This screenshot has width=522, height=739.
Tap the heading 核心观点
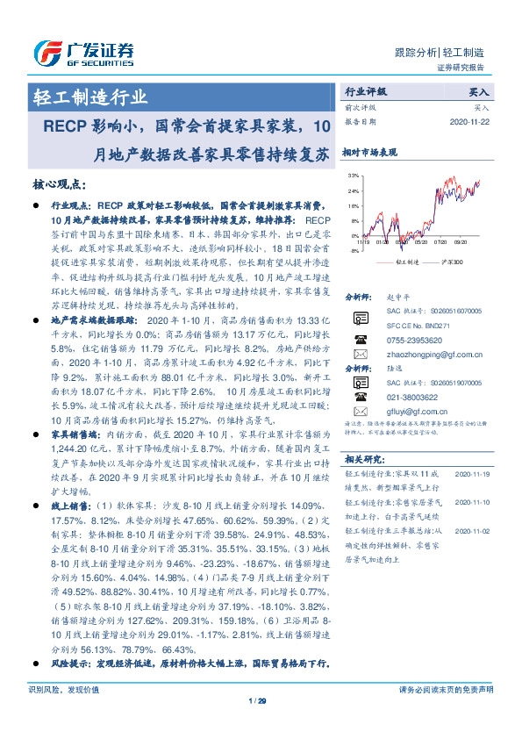59,183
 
